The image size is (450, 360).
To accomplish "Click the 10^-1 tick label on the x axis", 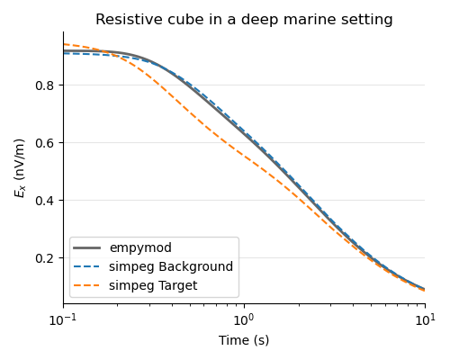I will coord(62,320).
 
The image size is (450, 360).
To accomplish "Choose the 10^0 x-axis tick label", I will coord(244,320).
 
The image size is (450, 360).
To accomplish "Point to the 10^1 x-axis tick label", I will coord(425,320).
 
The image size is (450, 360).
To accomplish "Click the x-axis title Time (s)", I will coord(244,341).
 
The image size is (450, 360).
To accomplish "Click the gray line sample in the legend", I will coord(89,248).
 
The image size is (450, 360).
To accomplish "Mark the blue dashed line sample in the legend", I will coord(89,267).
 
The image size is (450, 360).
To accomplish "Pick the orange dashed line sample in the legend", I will coord(89,285).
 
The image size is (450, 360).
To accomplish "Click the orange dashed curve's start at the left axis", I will coord(64,44).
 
